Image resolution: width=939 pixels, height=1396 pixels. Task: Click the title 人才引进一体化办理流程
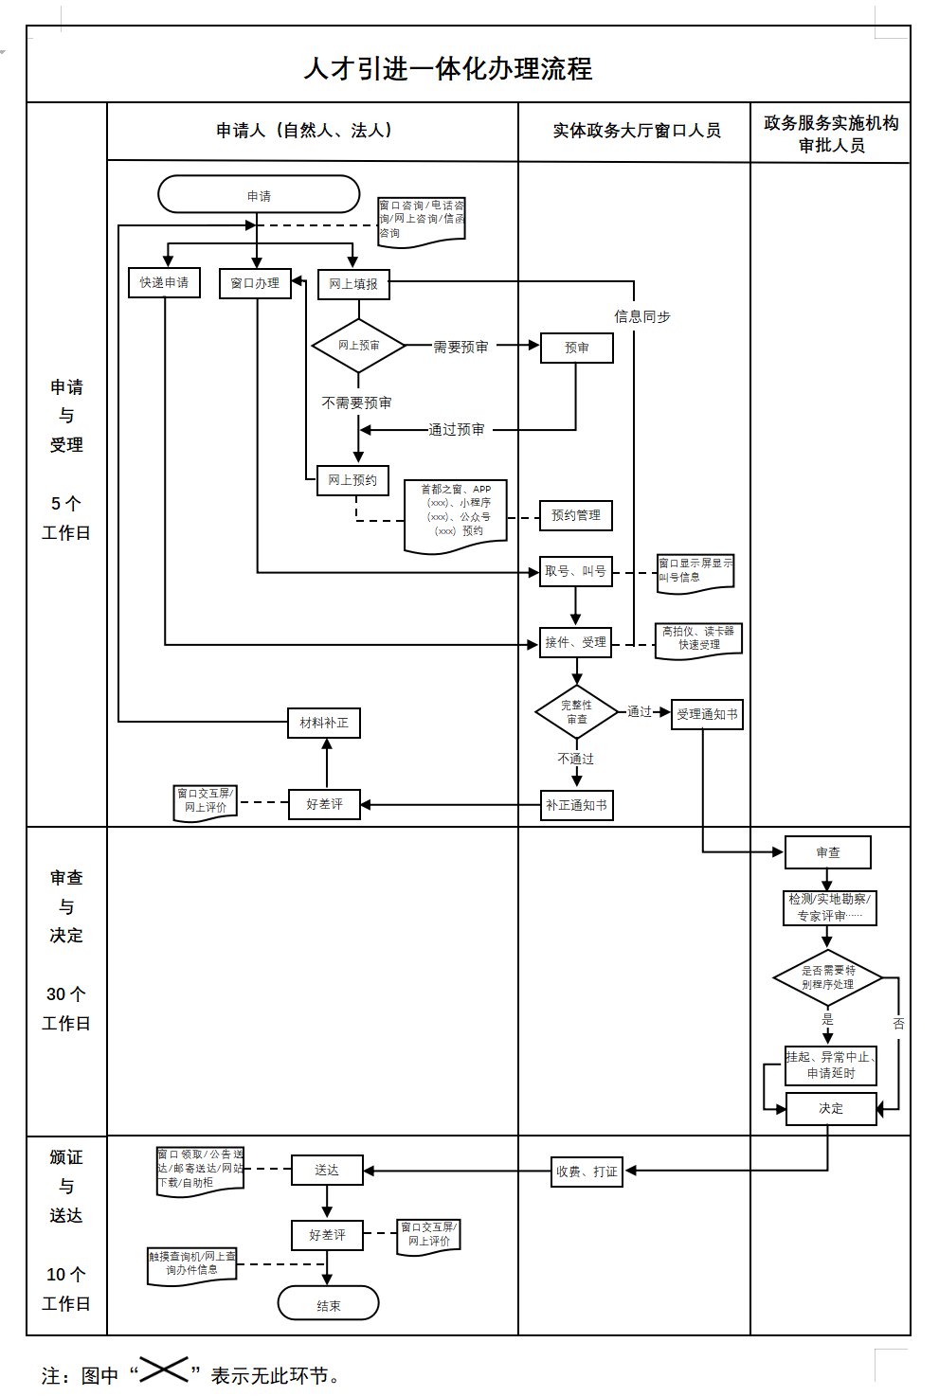pos(447,68)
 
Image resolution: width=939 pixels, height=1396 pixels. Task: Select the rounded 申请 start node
pos(259,196)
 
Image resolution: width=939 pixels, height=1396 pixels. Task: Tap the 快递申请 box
pos(164,282)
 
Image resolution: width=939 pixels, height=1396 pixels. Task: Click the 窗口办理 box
pos(255,282)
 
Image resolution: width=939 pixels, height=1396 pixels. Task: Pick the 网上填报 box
pos(353,283)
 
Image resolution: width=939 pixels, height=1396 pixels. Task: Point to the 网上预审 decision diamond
pos(359,346)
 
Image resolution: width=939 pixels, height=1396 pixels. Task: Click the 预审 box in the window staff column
pos(576,348)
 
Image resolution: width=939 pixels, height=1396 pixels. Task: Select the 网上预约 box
pos(352,480)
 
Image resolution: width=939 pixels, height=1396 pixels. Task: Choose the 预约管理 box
pos(576,515)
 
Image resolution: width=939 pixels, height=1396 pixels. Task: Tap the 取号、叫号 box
pos(576,571)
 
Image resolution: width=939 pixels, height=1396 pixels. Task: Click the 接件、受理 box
pos(576,642)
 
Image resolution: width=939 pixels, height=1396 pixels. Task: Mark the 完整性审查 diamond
pos(577,712)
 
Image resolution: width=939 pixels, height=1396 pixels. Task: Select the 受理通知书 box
pos(707,714)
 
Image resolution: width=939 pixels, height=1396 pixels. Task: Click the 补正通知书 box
pos(576,805)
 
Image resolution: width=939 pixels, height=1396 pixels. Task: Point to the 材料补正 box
pos(324,723)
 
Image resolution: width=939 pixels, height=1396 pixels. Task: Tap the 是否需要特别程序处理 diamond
pos(827,977)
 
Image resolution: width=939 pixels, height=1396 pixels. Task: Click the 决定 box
pos(831,1108)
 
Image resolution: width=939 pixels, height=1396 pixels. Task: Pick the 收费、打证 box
pos(587,1172)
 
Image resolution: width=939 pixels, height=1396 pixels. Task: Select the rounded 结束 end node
pos(328,1305)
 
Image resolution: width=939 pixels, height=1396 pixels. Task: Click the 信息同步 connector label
pos(642,316)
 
